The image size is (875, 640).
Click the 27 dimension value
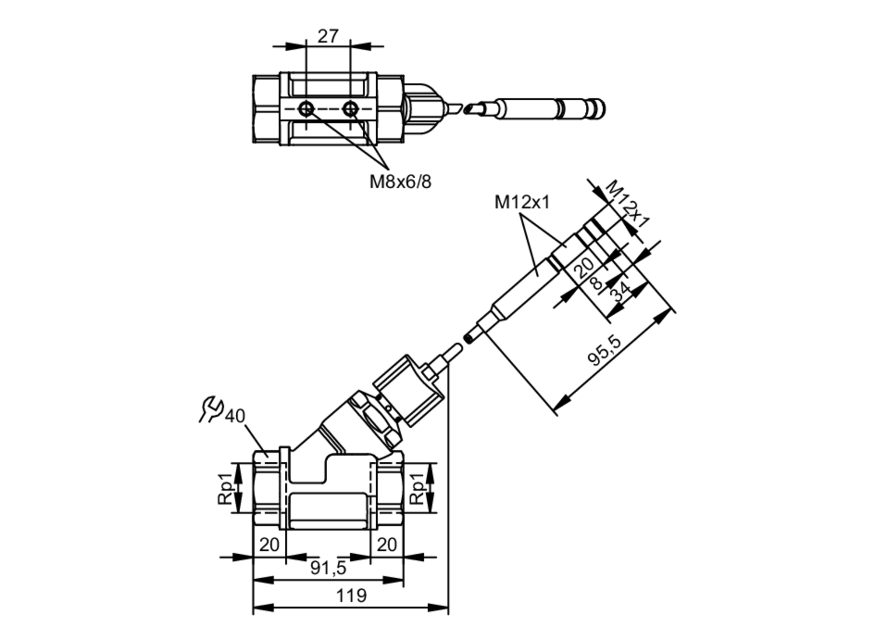click(x=328, y=36)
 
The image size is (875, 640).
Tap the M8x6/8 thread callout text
click(x=400, y=182)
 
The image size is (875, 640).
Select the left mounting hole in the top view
click(x=306, y=109)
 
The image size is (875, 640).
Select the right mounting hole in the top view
click(x=350, y=109)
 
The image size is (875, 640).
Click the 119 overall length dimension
click(x=351, y=596)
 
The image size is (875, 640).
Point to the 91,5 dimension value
click(x=328, y=568)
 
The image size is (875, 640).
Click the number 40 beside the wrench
click(x=235, y=416)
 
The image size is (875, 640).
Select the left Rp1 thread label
click(x=225, y=488)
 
